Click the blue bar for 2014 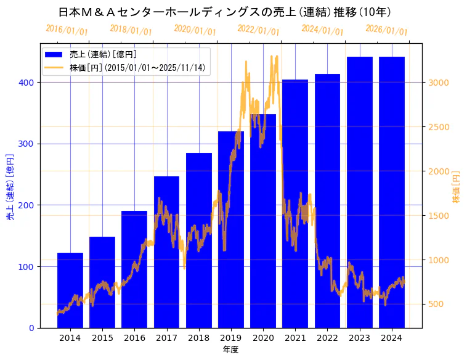(70, 290)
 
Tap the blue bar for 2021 (295, 203)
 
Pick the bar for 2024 (392, 192)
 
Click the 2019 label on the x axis (231, 338)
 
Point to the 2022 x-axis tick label (327, 338)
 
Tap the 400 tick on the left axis (28, 83)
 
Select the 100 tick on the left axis (28, 267)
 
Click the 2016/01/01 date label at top (67, 30)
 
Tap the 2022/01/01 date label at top (259, 30)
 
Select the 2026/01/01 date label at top (387, 30)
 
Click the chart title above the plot (225, 12)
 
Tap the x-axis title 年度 (231, 350)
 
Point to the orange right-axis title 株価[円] (457, 187)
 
